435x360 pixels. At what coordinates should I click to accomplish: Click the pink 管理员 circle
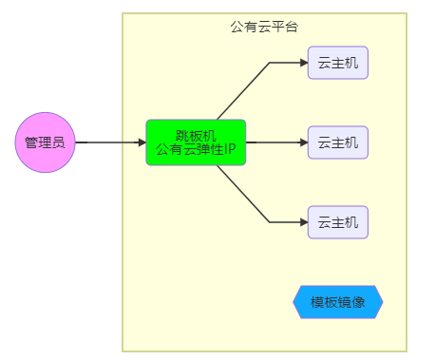point(45,142)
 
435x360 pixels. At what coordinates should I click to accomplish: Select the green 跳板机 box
point(196,142)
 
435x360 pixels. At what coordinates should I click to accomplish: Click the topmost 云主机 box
point(337,63)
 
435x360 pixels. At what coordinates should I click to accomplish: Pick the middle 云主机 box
point(337,142)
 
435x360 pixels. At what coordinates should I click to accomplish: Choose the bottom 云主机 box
point(337,222)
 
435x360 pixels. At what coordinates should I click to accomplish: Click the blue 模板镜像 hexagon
point(337,302)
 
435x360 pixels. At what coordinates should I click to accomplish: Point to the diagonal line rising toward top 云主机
point(243,91)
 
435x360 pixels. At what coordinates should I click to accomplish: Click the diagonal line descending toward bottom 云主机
point(243,194)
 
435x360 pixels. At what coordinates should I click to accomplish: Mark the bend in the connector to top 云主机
point(270,63)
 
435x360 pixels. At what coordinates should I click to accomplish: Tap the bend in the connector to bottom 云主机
point(270,222)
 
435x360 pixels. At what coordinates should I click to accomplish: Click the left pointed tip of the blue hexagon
point(294,302)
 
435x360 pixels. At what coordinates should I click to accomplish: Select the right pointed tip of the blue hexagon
point(382,302)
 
